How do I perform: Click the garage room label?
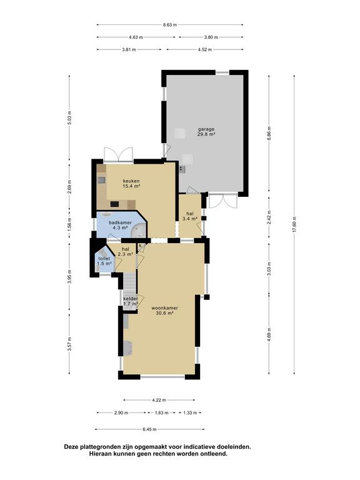pyautogui.click(x=206, y=131)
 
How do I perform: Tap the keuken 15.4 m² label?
pyautogui.click(x=131, y=183)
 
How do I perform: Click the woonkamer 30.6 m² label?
pyautogui.click(x=165, y=311)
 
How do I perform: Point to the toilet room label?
pyautogui.click(x=104, y=261)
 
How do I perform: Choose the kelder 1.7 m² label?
pyautogui.click(x=131, y=301)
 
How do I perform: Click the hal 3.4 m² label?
pyautogui.click(x=190, y=216)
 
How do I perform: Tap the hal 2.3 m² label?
pyautogui.click(x=125, y=251)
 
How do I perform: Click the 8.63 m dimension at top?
pyautogui.click(x=170, y=25)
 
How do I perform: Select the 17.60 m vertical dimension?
pyautogui.click(x=294, y=224)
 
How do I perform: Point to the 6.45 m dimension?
pyautogui.click(x=150, y=429)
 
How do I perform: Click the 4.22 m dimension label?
pyautogui.click(x=159, y=400)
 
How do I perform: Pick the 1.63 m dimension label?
pyautogui.click(x=162, y=412)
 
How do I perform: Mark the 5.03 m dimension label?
pyautogui.click(x=69, y=117)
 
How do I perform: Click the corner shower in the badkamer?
pyautogui.click(x=139, y=230)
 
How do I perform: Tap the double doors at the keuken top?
pyautogui.click(x=119, y=154)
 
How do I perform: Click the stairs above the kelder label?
pyautogui.click(x=130, y=284)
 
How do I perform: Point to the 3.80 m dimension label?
pyautogui.click(x=211, y=37)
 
